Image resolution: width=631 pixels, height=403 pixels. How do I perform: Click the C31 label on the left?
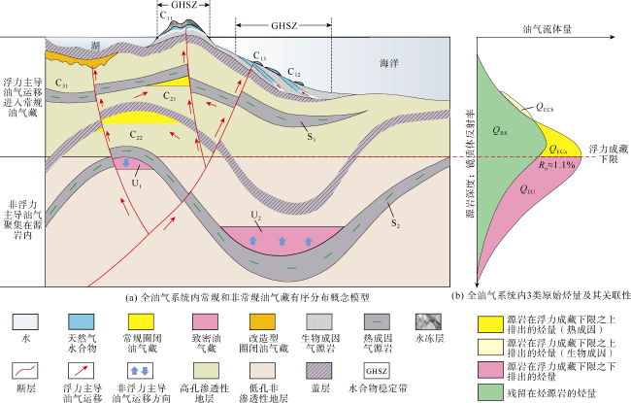[x=63, y=85]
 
